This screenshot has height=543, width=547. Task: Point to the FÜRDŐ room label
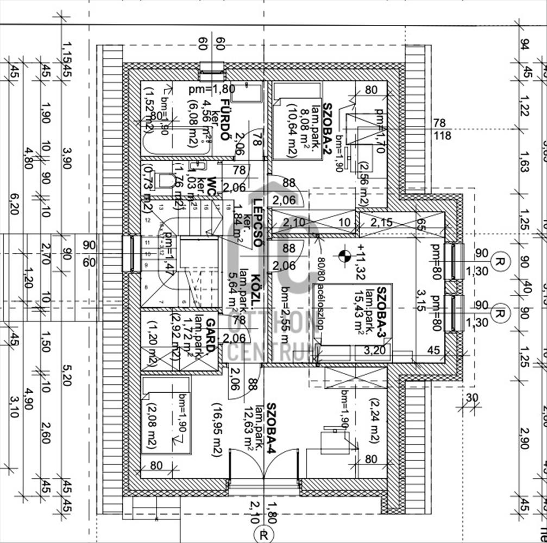223,118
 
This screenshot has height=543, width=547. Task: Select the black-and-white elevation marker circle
342,253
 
